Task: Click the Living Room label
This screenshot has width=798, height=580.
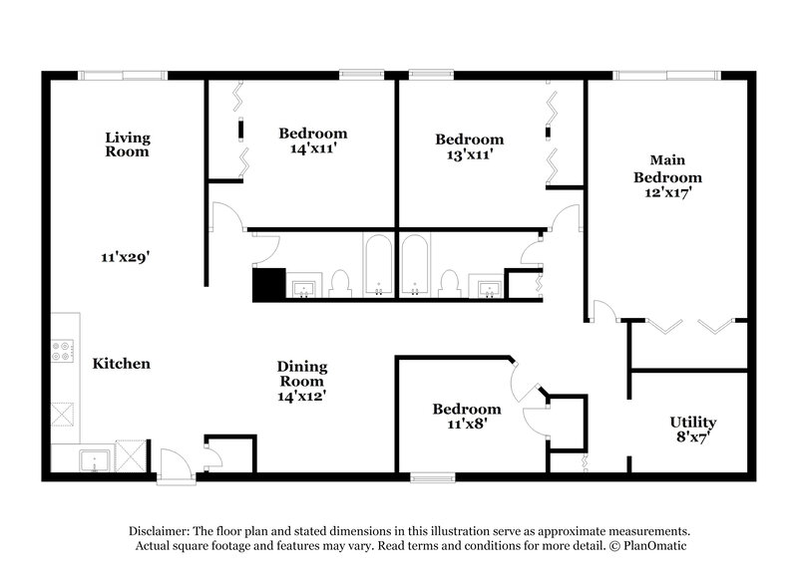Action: [x=128, y=145]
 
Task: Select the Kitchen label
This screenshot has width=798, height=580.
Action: [x=122, y=364]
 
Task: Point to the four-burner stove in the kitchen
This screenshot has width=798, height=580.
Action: [x=63, y=351]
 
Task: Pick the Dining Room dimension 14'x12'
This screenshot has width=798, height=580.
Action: [x=301, y=396]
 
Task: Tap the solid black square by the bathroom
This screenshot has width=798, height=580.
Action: [x=268, y=285]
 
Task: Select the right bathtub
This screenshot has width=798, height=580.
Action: [x=415, y=266]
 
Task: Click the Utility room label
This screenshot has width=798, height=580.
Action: [x=692, y=429]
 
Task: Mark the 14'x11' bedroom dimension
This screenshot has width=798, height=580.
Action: [x=312, y=148]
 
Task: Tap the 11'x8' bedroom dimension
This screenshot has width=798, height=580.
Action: [x=466, y=424]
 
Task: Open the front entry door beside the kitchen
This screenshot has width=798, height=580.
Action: [x=172, y=465]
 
